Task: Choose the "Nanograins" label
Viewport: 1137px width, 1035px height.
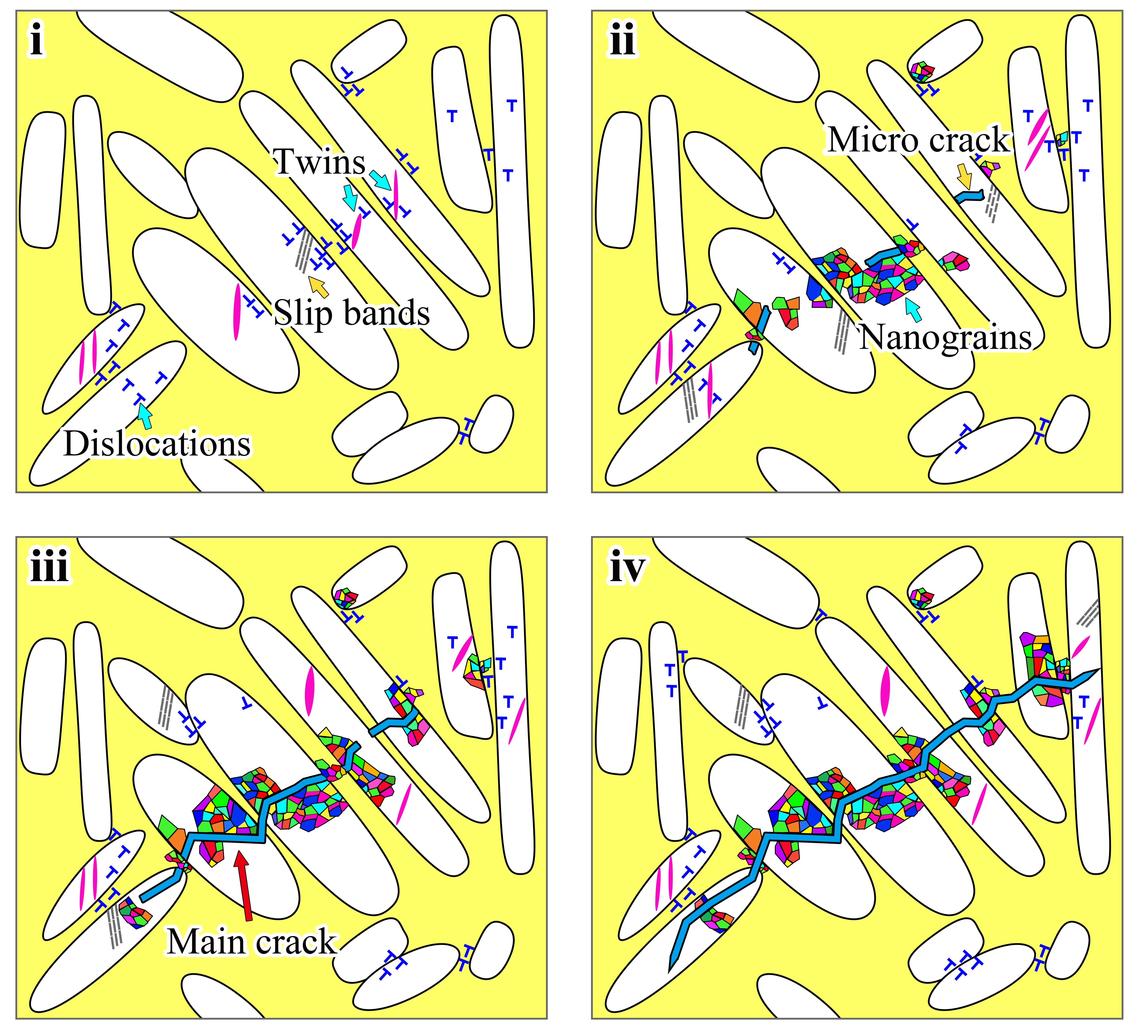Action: pyautogui.click(x=945, y=337)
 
